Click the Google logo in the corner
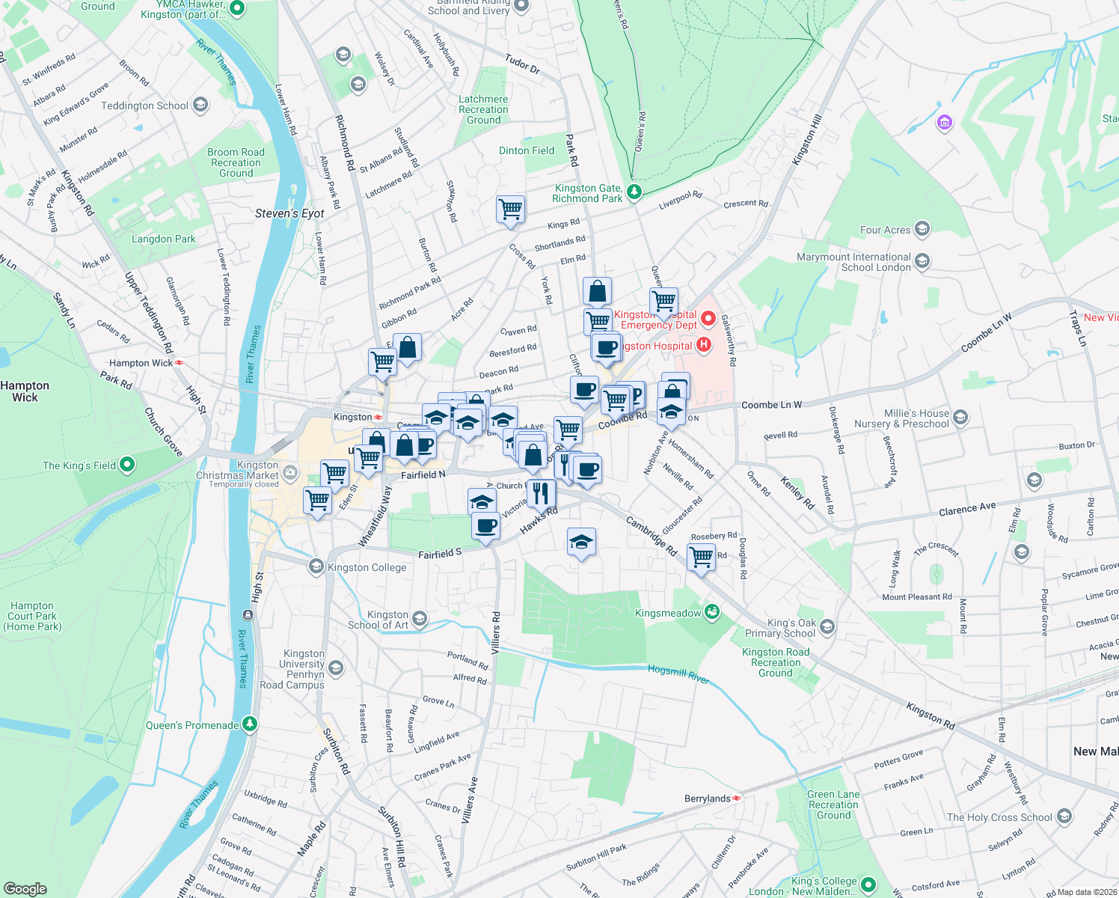[25, 888]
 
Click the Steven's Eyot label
[289, 213]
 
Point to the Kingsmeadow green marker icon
[712, 613]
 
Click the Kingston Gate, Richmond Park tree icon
[634, 192]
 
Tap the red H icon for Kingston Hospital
[703, 345]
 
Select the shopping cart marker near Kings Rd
[510, 209]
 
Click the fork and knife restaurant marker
[541, 493]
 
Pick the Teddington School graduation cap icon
[200, 105]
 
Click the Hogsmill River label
[678, 673]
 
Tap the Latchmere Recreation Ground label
[483, 109]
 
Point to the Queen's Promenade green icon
[250, 724]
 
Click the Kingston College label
[367, 567]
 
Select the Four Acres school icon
[922, 229]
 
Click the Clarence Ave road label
[967, 510]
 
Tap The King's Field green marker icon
[127, 465]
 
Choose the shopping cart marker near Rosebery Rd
[701, 556]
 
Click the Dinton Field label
[527, 150]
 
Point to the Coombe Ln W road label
[771, 405]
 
